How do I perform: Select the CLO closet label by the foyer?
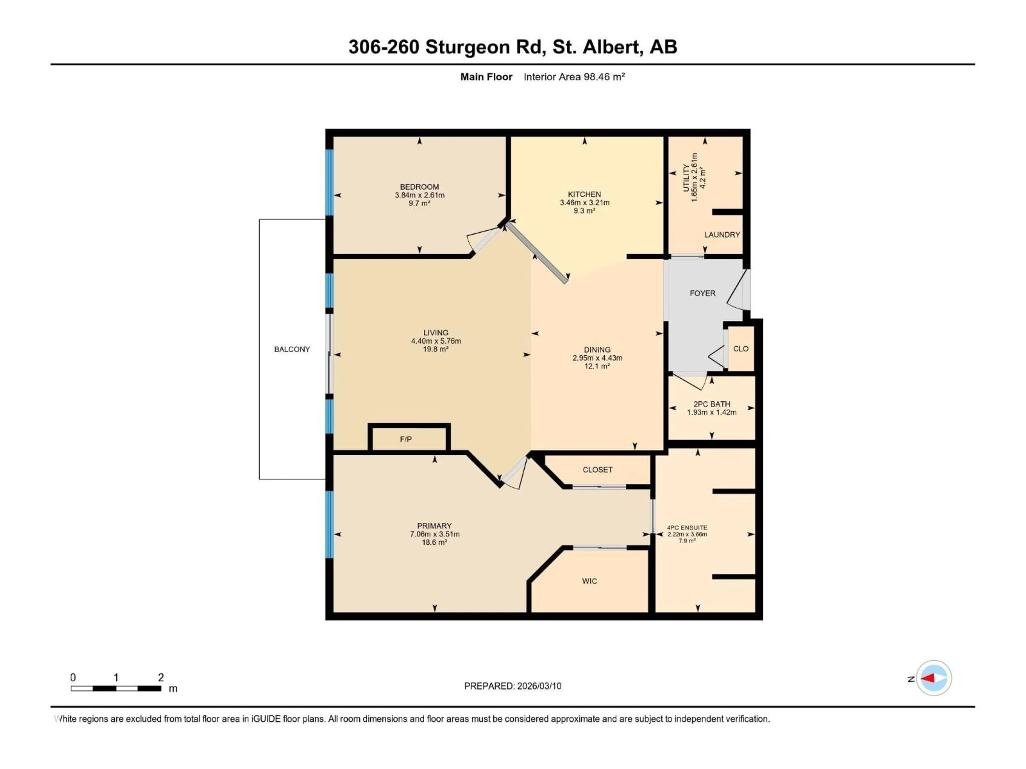click(x=741, y=348)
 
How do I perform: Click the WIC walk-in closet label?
click(x=589, y=581)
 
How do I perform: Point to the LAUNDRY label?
click(x=722, y=234)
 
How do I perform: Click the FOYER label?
click(x=702, y=293)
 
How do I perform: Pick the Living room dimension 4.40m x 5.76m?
click(x=436, y=341)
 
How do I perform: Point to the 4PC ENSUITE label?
click(x=687, y=528)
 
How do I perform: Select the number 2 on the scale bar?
click(x=161, y=677)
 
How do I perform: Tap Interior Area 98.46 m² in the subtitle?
click(x=574, y=77)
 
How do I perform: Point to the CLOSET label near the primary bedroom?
click(x=597, y=470)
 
